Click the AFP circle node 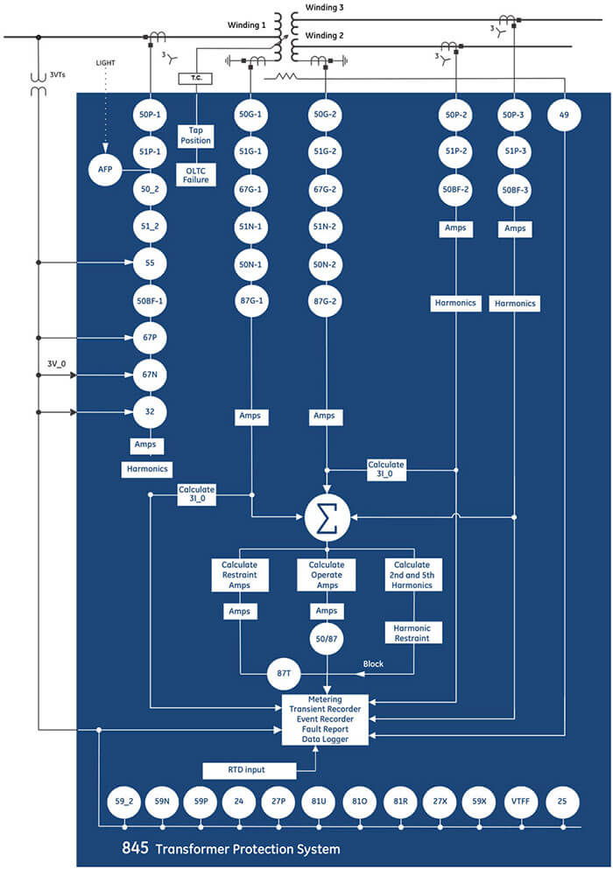(x=101, y=169)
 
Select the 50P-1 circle (x=151, y=114)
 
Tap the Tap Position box (x=194, y=135)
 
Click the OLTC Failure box (x=194, y=174)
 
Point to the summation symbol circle (x=327, y=518)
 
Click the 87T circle (x=283, y=674)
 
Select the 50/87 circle (x=327, y=638)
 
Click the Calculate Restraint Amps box (x=239, y=574)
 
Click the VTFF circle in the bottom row (x=518, y=802)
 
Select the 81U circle (x=317, y=802)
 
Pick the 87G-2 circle (x=327, y=301)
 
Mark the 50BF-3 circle (x=514, y=188)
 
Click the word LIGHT (x=106, y=64)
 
